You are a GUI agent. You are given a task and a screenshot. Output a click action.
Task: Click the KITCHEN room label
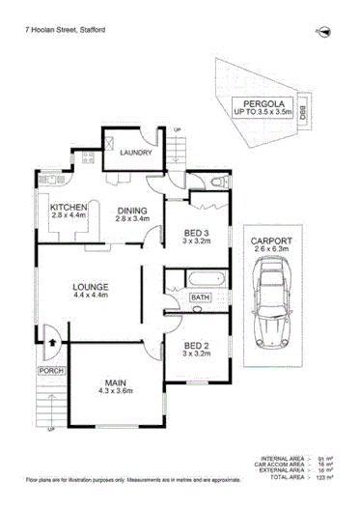coord(69,208)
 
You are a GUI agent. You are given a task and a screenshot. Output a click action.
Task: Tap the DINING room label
coord(131,211)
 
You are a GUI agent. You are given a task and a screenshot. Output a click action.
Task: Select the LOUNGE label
coord(89,288)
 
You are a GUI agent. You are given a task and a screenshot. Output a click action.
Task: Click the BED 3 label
coord(201,232)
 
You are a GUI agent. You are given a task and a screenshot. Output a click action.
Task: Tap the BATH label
coord(200,297)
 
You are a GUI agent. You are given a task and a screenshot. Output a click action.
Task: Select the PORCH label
coord(50,370)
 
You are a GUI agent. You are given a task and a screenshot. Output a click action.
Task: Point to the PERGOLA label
coord(262,100)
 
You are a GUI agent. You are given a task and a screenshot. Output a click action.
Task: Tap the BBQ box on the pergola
coord(302,113)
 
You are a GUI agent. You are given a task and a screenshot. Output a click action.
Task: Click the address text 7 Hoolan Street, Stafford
coord(65,30)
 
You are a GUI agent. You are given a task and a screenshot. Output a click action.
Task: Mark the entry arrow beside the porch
coord(48,341)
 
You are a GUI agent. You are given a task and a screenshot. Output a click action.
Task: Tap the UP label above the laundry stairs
coord(177,130)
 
